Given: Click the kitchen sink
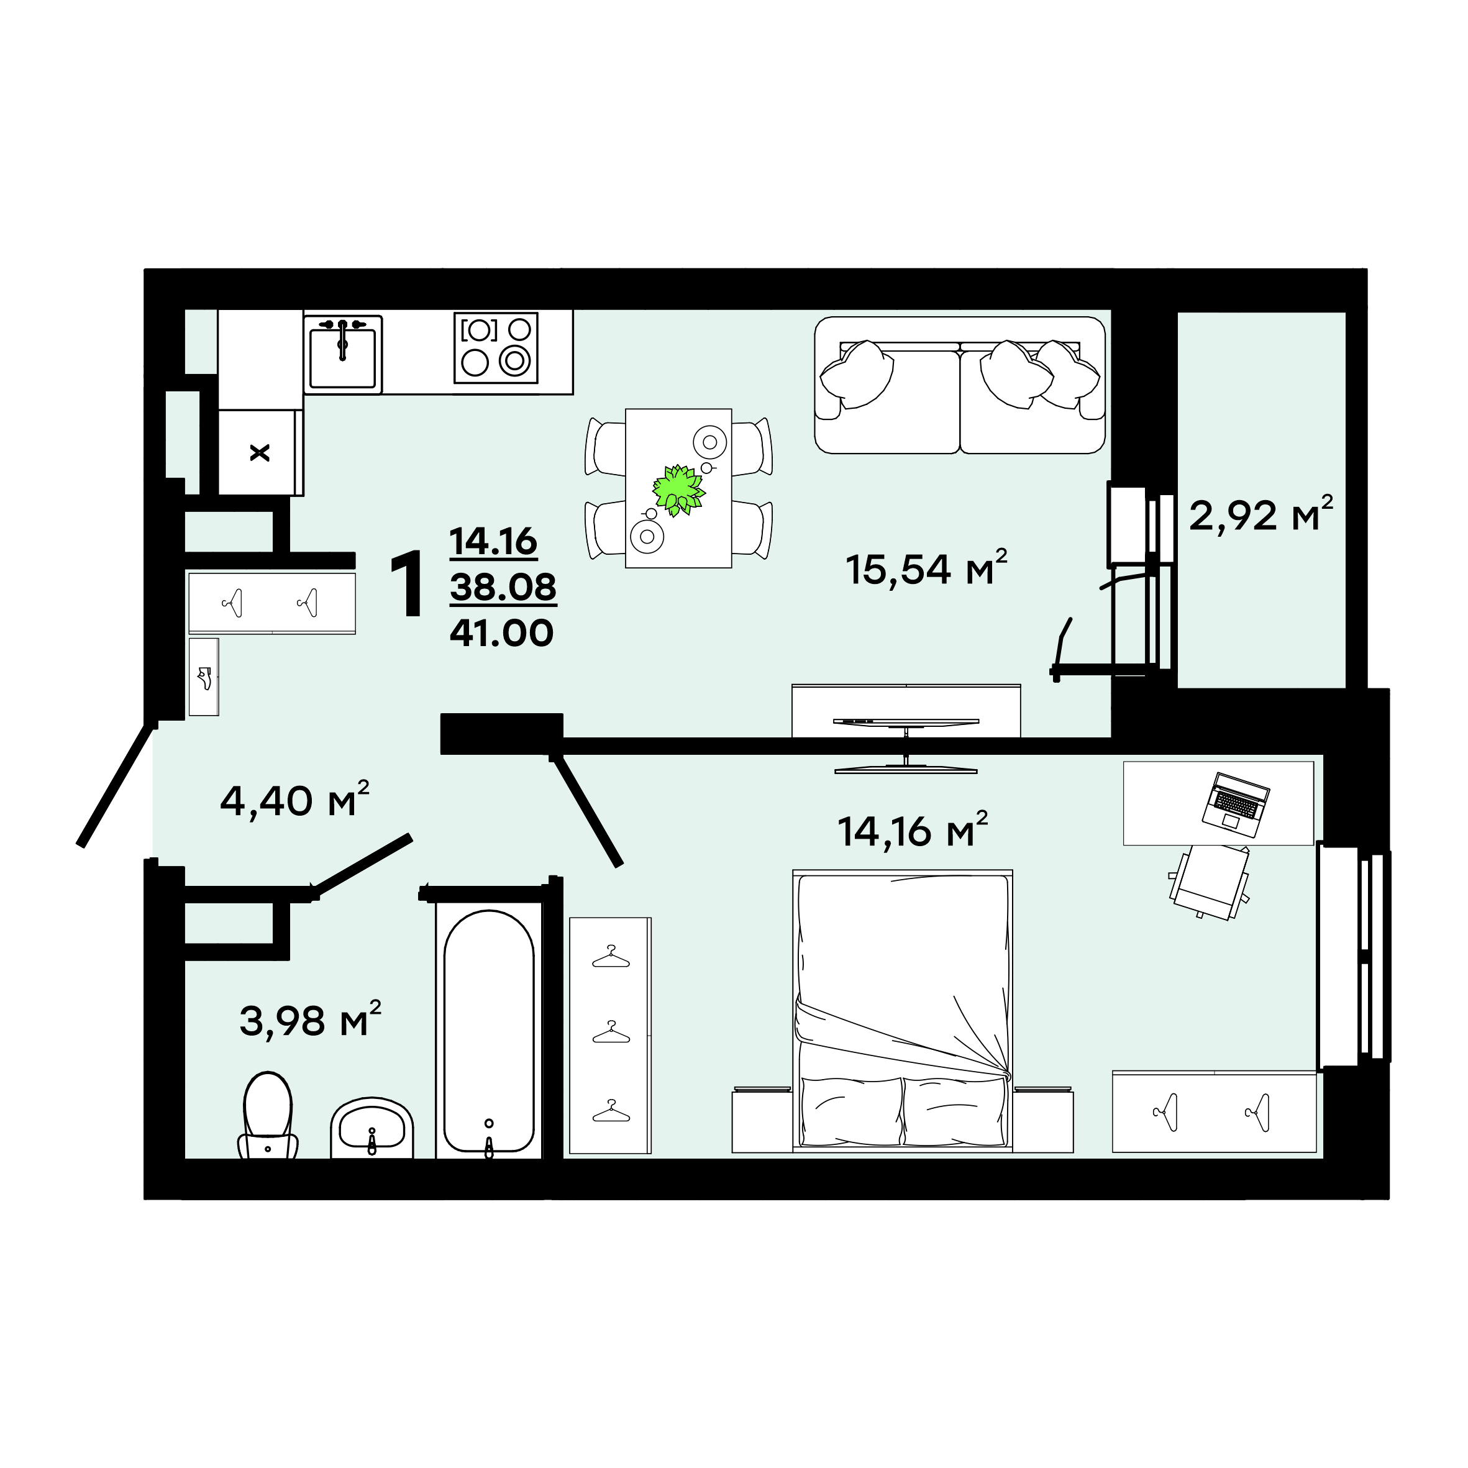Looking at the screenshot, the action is tap(343, 354).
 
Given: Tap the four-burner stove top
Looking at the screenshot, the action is tap(496, 348).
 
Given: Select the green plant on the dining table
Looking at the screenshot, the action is tap(678, 490).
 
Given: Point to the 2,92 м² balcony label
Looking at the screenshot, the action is tap(1261, 514).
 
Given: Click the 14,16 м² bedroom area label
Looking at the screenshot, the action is tap(913, 830).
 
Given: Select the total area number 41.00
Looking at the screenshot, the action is tap(501, 633).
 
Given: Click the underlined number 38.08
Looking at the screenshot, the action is tap(503, 587).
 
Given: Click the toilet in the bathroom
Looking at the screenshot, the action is tap(268, 1115).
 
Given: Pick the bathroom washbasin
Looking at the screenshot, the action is tap(372, 1128).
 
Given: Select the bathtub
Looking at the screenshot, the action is tap(488, 1031).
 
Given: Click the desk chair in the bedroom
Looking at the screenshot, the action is tap(1210, 882).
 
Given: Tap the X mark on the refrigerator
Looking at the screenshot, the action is tap(260, 454).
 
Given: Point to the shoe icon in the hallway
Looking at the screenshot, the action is tap(204, 677).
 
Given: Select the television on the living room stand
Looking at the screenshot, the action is tap(906, 745).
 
